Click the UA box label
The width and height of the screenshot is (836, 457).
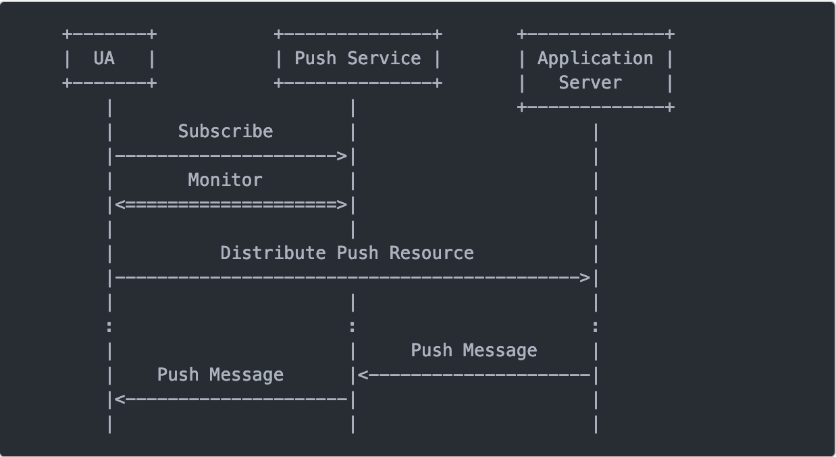[x=104, y=59]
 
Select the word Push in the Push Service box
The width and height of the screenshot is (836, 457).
[x=315, y=59]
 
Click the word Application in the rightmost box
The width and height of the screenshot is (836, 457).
[x=595, y=59]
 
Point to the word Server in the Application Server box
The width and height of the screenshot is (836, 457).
[x=590, y=83]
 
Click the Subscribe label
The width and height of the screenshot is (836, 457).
[x=226, y=131]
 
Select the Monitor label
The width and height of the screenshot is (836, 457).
[x=225, y=180]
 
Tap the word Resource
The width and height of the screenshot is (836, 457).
[x=432, y=253]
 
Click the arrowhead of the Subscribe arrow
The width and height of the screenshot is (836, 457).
[x=342, y=156]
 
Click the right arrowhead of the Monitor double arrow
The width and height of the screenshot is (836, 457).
[x=342, y=205]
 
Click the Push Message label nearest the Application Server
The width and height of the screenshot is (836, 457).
[x=473, y=350]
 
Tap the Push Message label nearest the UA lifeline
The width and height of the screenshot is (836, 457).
[x=220, y=375]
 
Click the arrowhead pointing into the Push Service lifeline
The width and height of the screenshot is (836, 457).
[x=363, y=375]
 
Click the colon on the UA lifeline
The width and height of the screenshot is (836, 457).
[x=109, y=327]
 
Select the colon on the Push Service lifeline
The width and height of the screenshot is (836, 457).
[x=352, y=327]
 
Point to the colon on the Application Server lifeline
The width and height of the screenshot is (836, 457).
[x=595, y=327]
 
